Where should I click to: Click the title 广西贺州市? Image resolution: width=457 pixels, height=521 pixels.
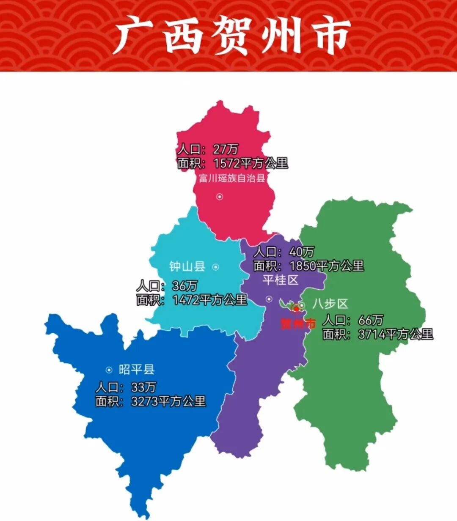click(232, 36)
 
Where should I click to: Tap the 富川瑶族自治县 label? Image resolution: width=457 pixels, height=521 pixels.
click(232, 178)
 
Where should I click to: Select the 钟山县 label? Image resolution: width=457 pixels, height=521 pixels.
click(187, 266)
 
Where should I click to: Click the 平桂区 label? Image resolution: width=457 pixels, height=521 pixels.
click(280, 280)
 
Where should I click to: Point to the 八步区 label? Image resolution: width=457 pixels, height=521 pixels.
click(330, 304)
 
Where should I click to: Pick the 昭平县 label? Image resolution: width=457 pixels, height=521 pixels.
click(136, 370)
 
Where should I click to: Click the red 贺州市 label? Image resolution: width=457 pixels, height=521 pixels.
click(298, 324)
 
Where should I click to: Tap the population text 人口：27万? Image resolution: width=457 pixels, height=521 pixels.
click(208, 149)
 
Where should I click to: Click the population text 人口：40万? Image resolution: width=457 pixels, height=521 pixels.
click(284, 252)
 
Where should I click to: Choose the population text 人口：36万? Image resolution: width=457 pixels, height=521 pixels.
click(167, 286)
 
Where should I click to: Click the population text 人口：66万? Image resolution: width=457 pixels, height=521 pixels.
click(353, 320)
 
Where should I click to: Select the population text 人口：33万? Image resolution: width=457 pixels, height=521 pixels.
click(126, 387)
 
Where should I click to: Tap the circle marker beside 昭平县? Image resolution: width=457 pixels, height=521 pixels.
click(109, 370)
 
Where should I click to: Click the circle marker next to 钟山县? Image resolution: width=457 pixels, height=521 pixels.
click(215, 267)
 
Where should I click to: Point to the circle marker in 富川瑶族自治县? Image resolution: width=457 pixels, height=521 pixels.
click(220, 196)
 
